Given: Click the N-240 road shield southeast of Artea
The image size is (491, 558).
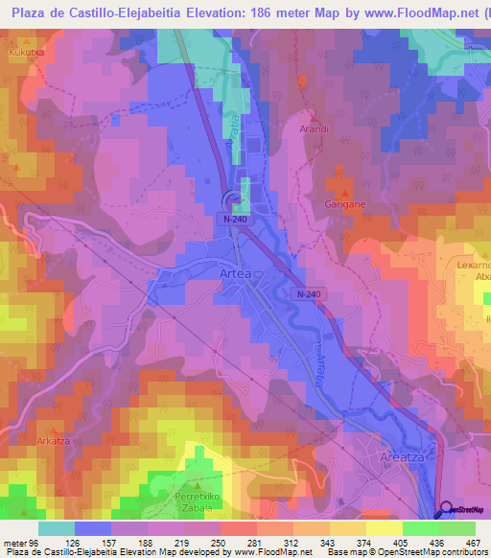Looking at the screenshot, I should point(308,293).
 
